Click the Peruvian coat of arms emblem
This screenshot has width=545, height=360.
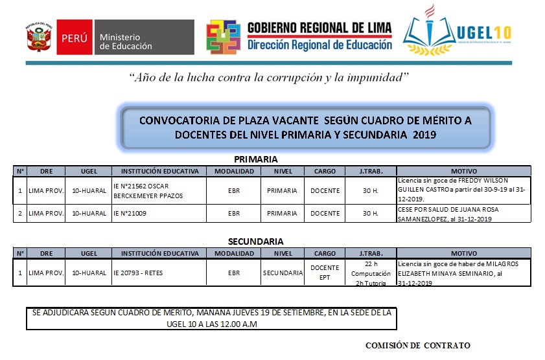(40, 38)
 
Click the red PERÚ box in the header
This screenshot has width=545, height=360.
(74, 38)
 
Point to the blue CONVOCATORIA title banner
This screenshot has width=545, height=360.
(306, 127)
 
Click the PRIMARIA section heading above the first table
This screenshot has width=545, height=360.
(256, 159)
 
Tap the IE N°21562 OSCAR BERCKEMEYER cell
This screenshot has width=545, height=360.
(158, 190)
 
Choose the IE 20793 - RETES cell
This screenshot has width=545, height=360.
(158, 273)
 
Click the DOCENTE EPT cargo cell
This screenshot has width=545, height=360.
(325, 273)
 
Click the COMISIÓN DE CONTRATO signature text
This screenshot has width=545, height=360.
(417, 345)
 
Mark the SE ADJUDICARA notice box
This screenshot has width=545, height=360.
(211, 318)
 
